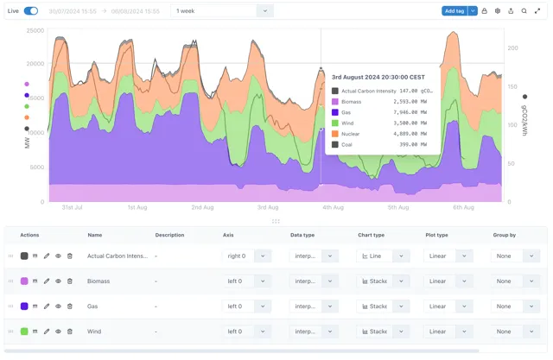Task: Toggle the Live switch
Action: (31, 11)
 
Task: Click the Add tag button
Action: (454, 11)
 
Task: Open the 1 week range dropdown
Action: (223, 11)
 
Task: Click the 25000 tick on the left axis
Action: (35, 31)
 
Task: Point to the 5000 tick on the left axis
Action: (37, 167)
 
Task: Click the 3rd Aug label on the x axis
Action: (268, 208)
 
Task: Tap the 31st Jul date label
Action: (72, 208)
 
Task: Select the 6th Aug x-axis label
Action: (463, 208)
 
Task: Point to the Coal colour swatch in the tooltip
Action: (335, 144)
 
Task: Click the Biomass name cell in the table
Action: (99, 281)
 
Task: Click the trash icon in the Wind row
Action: (70, 332)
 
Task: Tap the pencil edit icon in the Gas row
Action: (47, 306)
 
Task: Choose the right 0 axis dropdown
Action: (248, 256)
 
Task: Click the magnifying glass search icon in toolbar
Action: (524, 11)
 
